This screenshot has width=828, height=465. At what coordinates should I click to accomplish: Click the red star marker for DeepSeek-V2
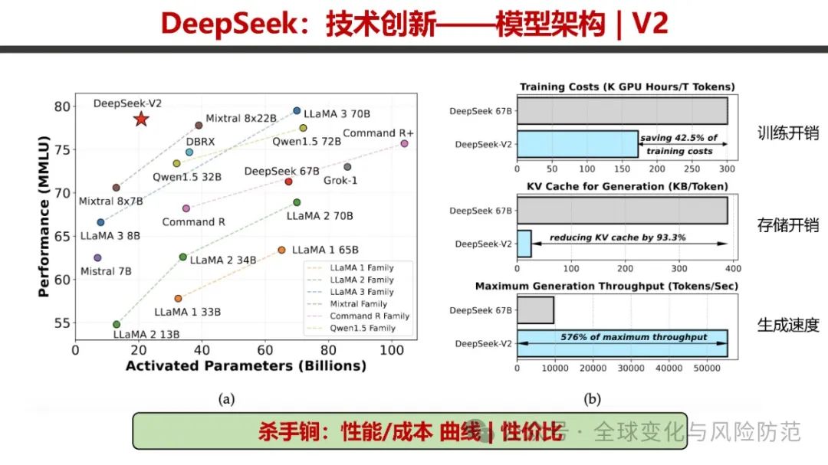tap(140, 119)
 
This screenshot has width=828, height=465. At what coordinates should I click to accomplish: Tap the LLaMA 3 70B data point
tap(297, 110)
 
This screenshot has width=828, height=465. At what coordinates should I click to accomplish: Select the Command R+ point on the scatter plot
tap(404, 143)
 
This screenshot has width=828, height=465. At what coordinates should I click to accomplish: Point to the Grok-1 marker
tap(347, 166)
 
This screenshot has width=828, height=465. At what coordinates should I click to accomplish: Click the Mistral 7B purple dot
tap(97, 257)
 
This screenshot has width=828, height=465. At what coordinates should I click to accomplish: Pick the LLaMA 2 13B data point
tap(117, 324)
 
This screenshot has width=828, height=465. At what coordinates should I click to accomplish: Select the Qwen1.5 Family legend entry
tap(363, 328)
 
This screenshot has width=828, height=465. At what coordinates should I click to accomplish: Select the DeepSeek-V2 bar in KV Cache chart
tap(524, 243)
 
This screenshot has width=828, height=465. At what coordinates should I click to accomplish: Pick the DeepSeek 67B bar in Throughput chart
tap(535, 309)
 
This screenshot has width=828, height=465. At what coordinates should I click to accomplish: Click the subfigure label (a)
tap(225, 398)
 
